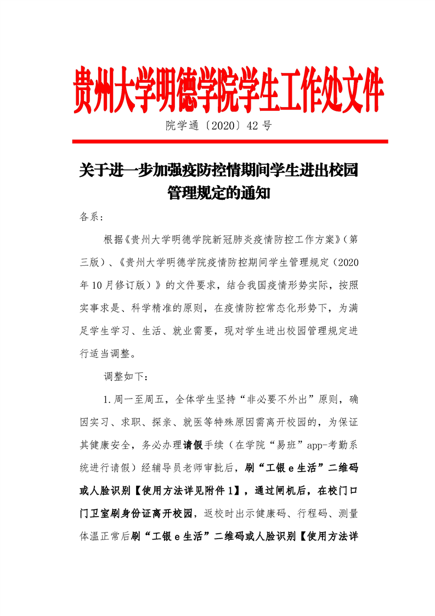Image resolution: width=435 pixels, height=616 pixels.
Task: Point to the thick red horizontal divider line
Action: [230, 142]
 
